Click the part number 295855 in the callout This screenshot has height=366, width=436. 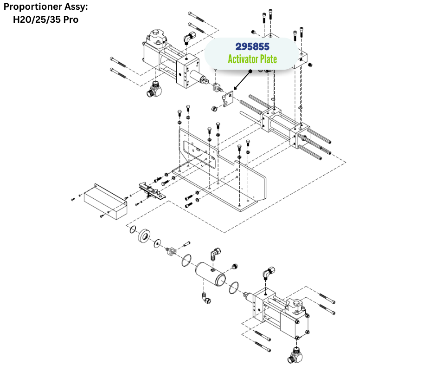coord(252,46)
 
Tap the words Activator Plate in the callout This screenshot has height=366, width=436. coord(252,59)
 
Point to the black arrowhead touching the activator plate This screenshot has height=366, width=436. coord(235,88)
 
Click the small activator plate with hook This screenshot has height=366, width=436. coord(228,99)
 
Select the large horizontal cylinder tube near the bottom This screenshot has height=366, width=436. coord(211,274)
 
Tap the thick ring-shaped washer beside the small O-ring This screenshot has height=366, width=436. coord(144,236)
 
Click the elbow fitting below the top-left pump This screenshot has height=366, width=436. coord(153,89)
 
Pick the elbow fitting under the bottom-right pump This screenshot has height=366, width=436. coord(295,355)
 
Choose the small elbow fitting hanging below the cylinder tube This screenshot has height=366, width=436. coord(206,298)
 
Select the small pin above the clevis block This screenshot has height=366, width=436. coord(186,244)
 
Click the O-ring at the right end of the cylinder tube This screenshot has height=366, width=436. coord(234,288)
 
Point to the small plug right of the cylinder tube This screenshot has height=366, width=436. coord(235,266)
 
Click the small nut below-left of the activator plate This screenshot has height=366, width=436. coord(214,109)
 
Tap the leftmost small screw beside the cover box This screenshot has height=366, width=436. coord(73,199)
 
